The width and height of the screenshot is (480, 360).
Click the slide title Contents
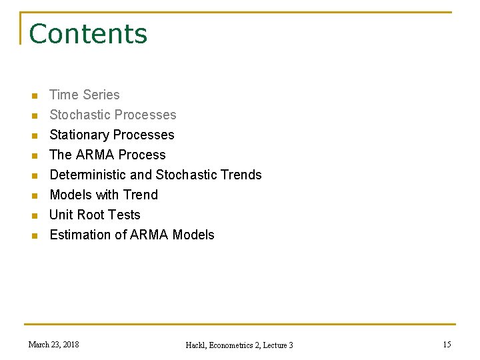pyautogui.click(x=88, y=34)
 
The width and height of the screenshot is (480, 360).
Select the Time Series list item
pyautogui.click(x=85, y=95)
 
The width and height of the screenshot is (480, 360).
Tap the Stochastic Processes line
pyautogui.click(x=113, y=115)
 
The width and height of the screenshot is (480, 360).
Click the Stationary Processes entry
pyautogui.click(x=111, y=135)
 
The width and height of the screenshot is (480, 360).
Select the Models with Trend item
pyautogui.click(x=103, y=195)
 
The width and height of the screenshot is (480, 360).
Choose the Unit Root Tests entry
pyautogui.click(x=95, y=215)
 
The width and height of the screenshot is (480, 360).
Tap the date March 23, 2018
pyautogui.click(x=53, y=345)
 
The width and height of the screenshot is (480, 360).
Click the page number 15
pyautogui.click(x=447, y=345)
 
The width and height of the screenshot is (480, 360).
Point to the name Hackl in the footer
pyautogui.click(x=197, y=345)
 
